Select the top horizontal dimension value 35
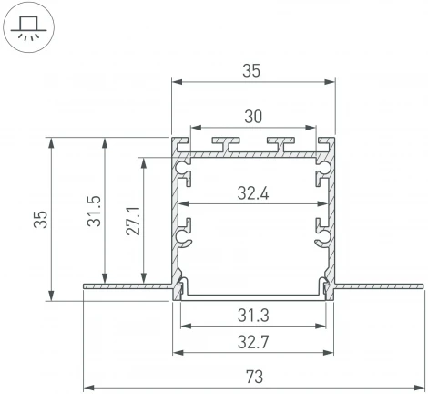point(251,69)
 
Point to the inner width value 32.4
point(251,192)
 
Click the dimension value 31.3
point(251,316)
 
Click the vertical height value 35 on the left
point(37,218)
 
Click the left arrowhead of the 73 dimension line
point(87,384)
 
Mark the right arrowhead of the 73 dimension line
point(420,384)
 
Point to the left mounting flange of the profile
point(127,287)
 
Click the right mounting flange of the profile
point(378,287)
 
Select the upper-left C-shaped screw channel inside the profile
point(186,169)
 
